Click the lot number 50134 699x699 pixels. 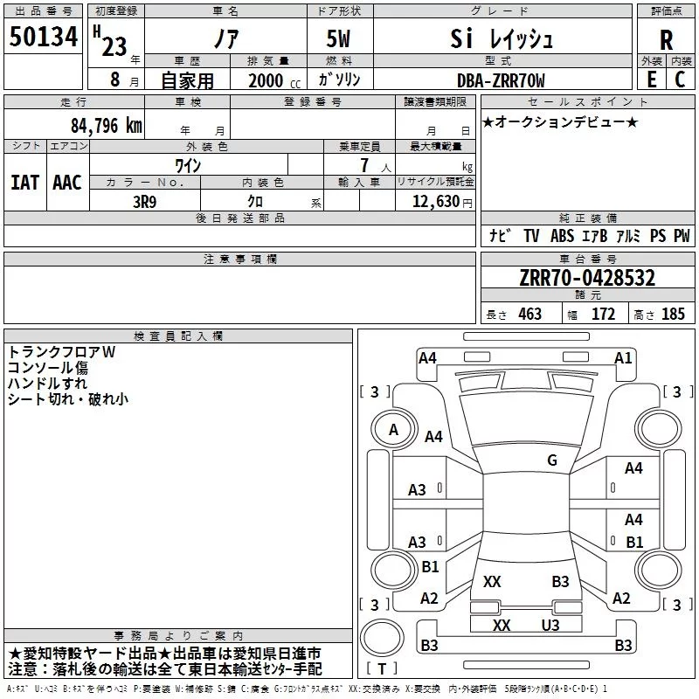[x=44, y=36]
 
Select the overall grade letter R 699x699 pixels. [x=666, y=40]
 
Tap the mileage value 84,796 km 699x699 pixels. [x=107, y=125]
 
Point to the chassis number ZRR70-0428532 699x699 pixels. [x=587, y=277]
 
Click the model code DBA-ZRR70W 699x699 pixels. [x=501, y=80]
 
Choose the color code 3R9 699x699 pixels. [x=144, y=202]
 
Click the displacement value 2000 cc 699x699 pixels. [x=274, y=80]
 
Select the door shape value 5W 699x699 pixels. [x=338, y=38]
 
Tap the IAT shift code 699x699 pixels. [x=24, y=183]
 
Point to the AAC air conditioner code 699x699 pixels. [x=67, y=183]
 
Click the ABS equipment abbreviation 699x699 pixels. [x=562, y=236]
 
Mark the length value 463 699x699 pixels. [x=530, y=314]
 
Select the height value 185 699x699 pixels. [x=673, y=314]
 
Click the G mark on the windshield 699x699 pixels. [x=552, y=460]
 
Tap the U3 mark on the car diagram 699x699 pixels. [x=550, y=626]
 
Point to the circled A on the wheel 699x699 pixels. [x=393, y=430]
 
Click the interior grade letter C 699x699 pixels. [x=680, y=80]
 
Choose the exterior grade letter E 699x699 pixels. [x=652, y=80]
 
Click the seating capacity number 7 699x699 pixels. [x=364, y=165]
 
